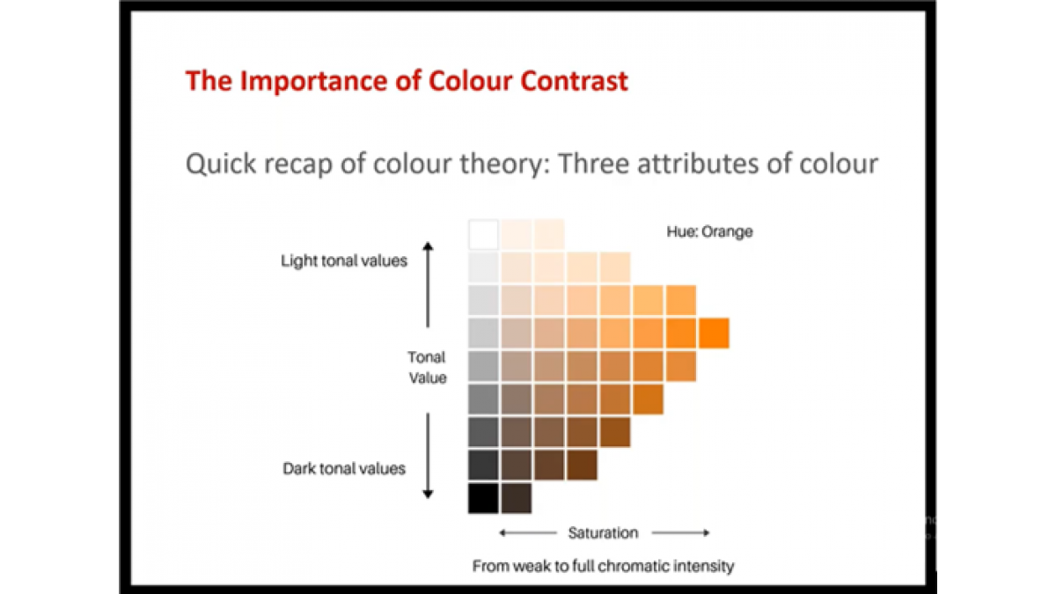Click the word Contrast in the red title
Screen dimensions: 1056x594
(574, 81)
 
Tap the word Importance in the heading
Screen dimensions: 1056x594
(314, 81)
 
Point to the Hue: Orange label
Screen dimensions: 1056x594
(709, 231)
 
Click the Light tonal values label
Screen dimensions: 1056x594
(344, 260)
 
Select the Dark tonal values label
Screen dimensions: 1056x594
(344, 468)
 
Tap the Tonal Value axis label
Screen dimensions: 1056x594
(427, 367)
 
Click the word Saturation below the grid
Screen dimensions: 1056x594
(603, 532)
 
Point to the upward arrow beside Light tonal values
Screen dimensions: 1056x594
(428, 284)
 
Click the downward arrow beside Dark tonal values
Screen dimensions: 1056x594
(428, 456)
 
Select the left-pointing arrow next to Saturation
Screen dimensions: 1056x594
(528, 532)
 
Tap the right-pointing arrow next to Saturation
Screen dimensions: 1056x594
(681, 532)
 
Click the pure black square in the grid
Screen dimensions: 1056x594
(483, 498)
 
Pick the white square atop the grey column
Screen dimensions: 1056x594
(483, 234)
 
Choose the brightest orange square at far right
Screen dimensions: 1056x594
(714, 334)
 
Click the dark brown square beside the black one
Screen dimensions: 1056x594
(517, 498)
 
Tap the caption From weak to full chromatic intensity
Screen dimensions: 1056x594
(603, 566)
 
